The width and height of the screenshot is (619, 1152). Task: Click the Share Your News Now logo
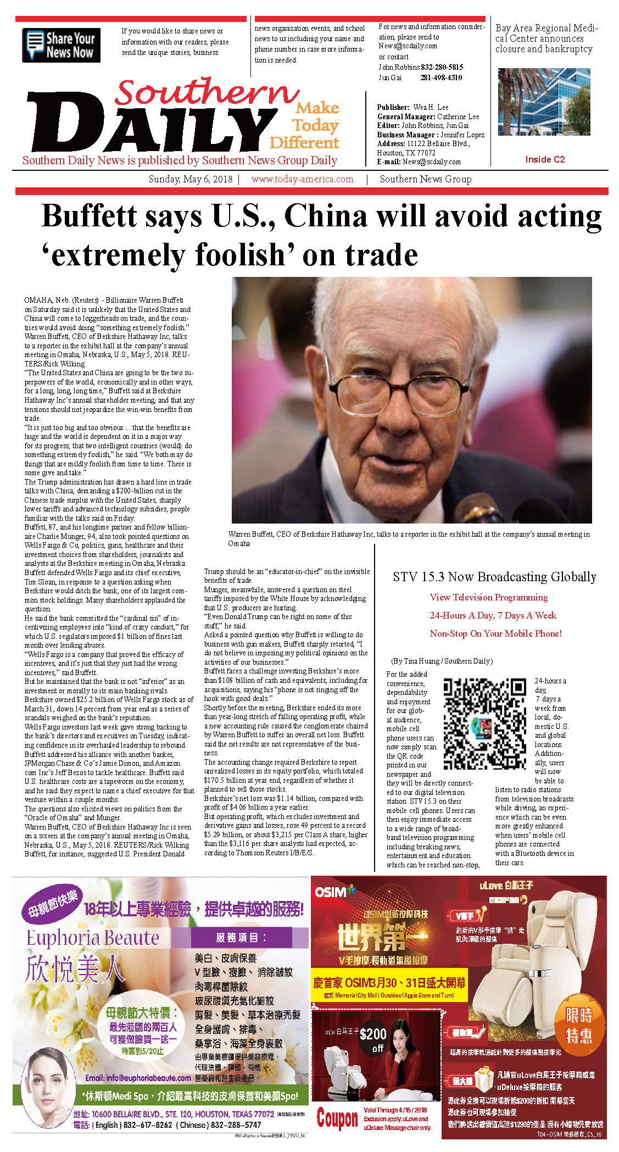pos(61,45)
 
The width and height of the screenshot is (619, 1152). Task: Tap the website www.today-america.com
pos(302,179)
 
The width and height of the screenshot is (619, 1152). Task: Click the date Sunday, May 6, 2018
pos(190,179)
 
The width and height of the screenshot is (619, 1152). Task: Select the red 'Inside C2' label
pos(544,159)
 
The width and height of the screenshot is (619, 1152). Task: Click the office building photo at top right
pos(544,102)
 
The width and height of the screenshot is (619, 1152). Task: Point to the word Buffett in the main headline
pos(122,216)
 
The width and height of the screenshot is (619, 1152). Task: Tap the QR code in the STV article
pos(484,724)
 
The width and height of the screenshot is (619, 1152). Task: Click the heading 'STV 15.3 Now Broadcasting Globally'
pos(494,577)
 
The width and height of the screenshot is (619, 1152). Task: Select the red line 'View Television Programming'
pos(488,597)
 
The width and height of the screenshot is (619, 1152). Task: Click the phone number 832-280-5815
pos(442,67)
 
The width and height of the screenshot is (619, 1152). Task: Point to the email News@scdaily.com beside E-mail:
pos(431,162)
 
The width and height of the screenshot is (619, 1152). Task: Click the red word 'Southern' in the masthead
pos(206,92)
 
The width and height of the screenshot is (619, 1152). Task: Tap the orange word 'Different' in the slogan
pos(304,143)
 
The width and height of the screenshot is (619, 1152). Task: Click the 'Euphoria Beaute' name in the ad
pos(93,938)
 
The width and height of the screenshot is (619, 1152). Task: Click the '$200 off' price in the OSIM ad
pos(373,1040)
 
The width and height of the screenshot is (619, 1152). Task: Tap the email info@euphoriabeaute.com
pos(138,1078)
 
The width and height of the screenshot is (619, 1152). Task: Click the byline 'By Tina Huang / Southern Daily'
pos(442,661)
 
